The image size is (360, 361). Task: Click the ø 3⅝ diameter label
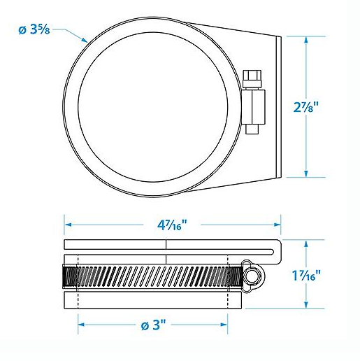34,29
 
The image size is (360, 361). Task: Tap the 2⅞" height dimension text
305,107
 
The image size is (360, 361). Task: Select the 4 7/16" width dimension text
172,225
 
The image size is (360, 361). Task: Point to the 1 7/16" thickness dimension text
306,275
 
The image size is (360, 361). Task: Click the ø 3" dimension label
153,325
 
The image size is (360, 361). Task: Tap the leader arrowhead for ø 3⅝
85,40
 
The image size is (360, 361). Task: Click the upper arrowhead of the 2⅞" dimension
306,40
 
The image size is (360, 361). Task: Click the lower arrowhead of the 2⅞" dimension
306,174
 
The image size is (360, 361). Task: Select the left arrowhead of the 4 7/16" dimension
68,225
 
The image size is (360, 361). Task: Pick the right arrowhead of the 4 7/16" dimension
278,225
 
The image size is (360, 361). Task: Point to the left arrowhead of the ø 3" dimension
81,325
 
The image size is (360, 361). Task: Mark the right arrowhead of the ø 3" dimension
224,325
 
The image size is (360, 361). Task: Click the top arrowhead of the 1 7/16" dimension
306,243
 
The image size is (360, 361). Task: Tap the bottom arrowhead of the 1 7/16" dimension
306,305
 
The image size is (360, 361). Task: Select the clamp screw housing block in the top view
254,107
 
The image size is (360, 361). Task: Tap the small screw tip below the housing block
252,129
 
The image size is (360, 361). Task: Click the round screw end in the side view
254,276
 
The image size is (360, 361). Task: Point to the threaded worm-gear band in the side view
152,276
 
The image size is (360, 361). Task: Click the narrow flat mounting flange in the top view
279,106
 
